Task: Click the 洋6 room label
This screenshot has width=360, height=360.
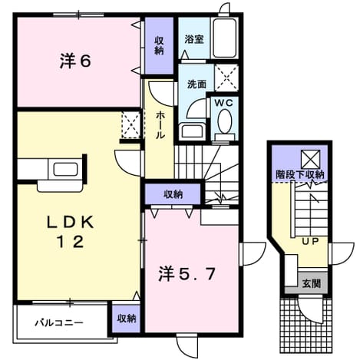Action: point(75,61)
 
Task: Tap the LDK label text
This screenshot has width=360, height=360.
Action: point(70,223)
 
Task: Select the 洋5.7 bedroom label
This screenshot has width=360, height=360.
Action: point(187,275)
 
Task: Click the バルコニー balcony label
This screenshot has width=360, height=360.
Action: point(59,322)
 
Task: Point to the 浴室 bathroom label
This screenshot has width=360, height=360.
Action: point(194,40)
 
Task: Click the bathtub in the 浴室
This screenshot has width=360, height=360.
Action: point(224,38)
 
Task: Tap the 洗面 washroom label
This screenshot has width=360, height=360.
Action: point(197,84)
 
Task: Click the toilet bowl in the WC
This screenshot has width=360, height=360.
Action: point(224,121)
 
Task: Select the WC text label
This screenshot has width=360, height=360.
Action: point(224,103)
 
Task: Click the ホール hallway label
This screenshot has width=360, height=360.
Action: point(159,124)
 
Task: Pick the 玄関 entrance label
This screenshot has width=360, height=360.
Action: point(312,283)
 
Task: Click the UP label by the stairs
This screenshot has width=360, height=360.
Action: point(310,241)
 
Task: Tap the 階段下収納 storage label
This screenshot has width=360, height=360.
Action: point(300,175)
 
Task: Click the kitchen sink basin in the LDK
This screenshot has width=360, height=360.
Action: point(65,169)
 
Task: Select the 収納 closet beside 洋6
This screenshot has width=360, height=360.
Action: point(159,45)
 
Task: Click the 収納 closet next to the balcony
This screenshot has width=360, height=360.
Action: point(127,319)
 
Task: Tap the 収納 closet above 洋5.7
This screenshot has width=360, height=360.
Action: point(173,195)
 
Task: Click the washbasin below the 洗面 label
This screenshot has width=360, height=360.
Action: point(193,131)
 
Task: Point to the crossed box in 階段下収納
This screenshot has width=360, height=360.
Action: point(310,159)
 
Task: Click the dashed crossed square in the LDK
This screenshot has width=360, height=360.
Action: point(130,125)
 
